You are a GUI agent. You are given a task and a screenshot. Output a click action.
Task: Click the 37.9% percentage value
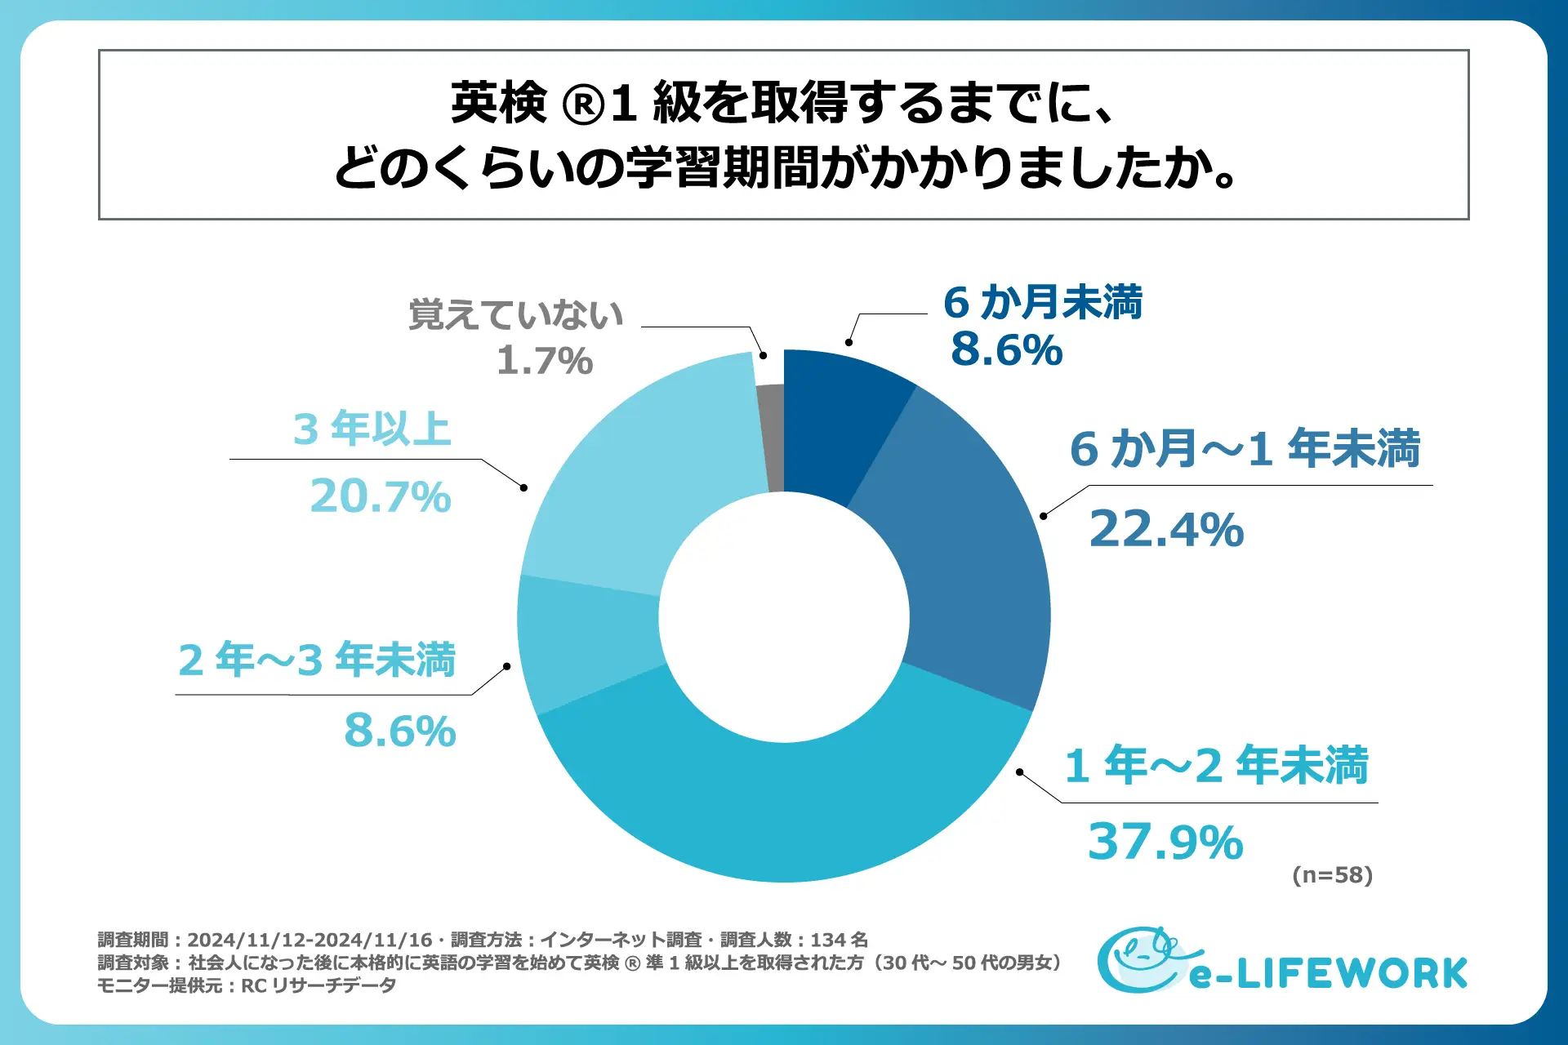click(1165, 842)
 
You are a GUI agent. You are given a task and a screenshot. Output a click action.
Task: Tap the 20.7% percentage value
click(381, 496)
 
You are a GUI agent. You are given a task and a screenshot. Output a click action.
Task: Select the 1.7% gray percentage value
click(545, 361)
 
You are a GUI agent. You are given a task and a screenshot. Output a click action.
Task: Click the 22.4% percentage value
click(1166, 529)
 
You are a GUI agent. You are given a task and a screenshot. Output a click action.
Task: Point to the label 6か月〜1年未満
click(1245, 449)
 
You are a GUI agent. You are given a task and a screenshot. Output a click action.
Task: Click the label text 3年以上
click(372, 429)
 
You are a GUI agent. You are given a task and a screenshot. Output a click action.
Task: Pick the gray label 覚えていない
click(515, 314)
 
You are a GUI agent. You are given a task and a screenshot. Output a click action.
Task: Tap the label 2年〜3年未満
click(317, 660)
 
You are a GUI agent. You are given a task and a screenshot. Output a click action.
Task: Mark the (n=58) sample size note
click(1332, 875)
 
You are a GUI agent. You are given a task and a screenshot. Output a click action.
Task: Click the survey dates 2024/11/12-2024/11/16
click(310, 940)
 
